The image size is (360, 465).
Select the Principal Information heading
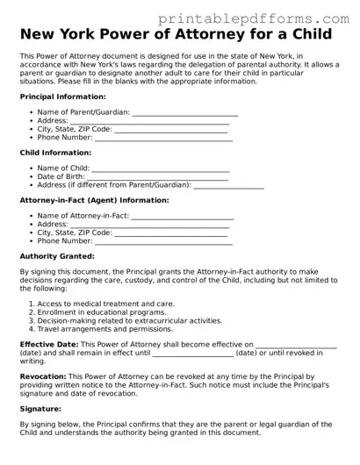click(62, 97)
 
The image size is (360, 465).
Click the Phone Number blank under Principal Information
click(163, 138)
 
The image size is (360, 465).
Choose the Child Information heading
click(54, 153)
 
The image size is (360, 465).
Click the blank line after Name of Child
click(161, 168)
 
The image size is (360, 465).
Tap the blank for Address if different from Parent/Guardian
click(228, 185)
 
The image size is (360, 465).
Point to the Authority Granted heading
click(57, 256)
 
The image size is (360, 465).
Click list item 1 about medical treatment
click(105, 304)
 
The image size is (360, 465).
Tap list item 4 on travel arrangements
click(104, 329)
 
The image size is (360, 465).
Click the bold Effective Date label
click(48, 345)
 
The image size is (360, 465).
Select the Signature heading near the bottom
click(40, 409)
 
